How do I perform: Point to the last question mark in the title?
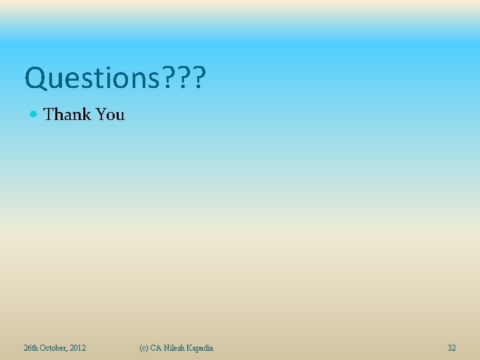point(198,78)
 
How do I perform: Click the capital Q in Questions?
point(34,79)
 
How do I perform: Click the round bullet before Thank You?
point(35,115)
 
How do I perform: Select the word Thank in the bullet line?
point(67,115)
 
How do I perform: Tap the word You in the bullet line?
point(110,115)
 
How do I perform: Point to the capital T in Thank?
point(49,115)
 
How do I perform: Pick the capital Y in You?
point(101,115)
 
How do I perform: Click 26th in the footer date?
point(31,348)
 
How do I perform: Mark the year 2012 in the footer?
point(77,348)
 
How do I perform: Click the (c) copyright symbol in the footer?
point(143,348)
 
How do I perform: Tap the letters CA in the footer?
point(156,348)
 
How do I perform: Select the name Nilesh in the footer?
point(174,348)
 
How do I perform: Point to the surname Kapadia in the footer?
point(201,348)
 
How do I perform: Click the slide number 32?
point(452,348)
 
